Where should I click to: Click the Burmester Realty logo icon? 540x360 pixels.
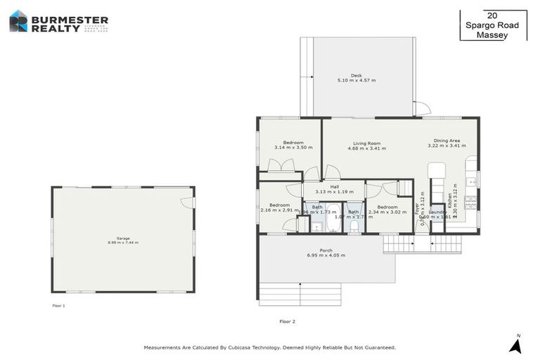pos(18,21)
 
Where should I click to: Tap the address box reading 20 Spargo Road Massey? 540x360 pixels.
pos(492,25)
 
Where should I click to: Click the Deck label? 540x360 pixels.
pos(356,75)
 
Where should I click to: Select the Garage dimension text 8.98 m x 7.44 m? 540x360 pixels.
pos(123,243)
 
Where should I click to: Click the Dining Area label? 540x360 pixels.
pos(446,141)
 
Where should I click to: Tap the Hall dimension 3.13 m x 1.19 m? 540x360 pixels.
pos(335,191)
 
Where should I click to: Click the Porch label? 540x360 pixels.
pos(326,250)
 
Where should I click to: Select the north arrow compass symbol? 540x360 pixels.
pos(515,345)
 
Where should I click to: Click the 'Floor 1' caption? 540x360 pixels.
pos(59,306)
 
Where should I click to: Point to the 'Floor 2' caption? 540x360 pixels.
pos(288,321)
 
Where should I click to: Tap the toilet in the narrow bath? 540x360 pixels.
pos(354,226)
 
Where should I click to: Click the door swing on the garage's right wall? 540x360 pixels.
pos(186,202)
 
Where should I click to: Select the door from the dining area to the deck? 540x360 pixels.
pos(420,109)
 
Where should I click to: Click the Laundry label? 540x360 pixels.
pos(437,212)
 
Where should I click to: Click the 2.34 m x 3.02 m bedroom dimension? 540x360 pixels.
pos(387,211)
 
